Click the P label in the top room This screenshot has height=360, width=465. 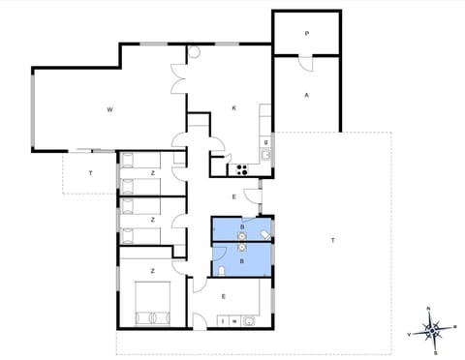(x=306, y=34)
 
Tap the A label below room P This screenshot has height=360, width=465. (x=306, y=95)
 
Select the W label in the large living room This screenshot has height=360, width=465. (x=110, y=110)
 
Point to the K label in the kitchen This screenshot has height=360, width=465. (x=234, y=107)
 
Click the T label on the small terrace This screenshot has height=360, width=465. (x=90, y=173)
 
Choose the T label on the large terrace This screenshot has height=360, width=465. (x=332, y=239)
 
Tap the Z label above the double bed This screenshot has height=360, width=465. (x=152, y=270)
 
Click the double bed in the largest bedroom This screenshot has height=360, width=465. (x=152, y=302)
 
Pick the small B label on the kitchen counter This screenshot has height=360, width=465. (x=265, y=142)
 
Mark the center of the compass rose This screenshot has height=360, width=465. (x=434, y=330)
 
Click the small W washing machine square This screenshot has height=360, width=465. (x=235, y=320)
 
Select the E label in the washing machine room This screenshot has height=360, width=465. (x=224, y=295)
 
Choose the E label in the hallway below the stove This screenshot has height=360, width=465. (x=233, y=196)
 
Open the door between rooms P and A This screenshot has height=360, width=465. (x=304, y=59)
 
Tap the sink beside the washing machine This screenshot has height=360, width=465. (x=249, y=319)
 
